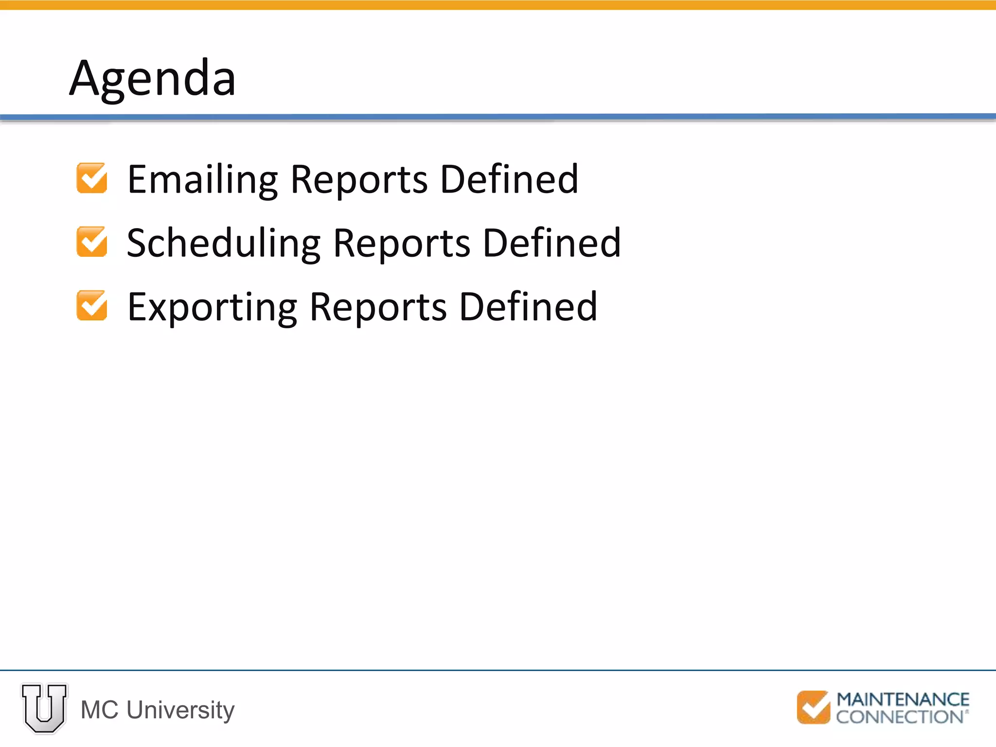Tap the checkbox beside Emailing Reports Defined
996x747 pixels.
coord(92,178)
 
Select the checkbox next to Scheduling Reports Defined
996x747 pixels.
coord(92,242)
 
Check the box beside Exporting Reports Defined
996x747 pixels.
coord(92,305)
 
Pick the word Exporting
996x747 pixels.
coord(212,307)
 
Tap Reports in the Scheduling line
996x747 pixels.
coord(402,244)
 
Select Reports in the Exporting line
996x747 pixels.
coord(378,307)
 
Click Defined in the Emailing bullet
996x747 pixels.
coord(509,179)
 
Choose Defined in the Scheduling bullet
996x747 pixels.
coord(552,243)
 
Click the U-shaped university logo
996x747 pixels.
coord(44,708)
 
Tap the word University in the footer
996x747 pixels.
coord(180,710)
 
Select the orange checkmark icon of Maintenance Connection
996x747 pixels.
coord(813,708)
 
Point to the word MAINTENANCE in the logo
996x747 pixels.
coord(903,700)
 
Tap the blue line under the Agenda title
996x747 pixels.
coord(498,117)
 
